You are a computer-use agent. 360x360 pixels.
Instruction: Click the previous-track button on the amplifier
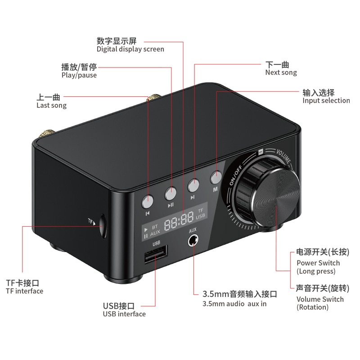tap(148, 201)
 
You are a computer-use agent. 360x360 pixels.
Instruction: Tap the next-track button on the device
tap(193, 185)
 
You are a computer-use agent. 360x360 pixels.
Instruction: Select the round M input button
tap(216, 177)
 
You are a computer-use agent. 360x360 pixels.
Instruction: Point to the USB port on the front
tap(156, 254)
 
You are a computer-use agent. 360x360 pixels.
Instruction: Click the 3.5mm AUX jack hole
tap(193, 241)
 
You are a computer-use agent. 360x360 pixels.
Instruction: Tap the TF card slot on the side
tap(103, 226)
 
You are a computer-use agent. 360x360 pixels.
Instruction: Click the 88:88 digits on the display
tap(179, 221)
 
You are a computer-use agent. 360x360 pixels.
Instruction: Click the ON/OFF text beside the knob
tap(236, 175)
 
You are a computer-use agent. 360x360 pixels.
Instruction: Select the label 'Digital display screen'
tap(130, 49)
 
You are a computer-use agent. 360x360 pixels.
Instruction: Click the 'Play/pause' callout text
tap(79, 75)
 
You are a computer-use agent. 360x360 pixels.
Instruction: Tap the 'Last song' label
tap(51, 105)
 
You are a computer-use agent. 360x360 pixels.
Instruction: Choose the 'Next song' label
tap(281, 72)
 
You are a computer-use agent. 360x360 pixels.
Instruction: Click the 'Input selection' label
tap(326, 100)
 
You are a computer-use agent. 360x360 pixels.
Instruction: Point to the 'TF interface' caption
tap(25, 291)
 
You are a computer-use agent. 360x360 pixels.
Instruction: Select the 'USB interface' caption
tap(124, 314)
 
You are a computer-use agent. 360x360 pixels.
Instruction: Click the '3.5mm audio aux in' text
tap(234, 304)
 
